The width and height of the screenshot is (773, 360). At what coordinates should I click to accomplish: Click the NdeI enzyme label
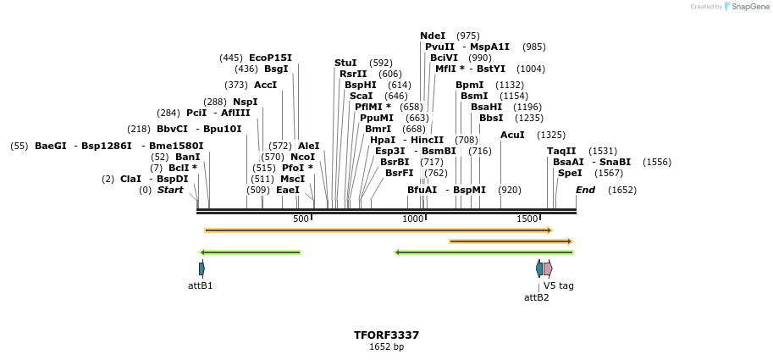click(x=433, y=36)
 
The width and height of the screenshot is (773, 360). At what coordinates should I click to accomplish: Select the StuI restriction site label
click(x=345, y=63)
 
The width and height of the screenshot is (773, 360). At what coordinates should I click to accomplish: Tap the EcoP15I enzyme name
click(x=270, y=58)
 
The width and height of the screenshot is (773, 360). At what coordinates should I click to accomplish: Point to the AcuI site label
click(x=512, y=135)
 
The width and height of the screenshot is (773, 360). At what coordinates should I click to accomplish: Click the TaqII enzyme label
click(x=561, y=151)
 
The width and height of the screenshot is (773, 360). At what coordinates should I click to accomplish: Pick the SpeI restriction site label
click(x=570, y=173)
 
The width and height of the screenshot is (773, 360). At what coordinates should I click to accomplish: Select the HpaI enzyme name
click(x=383, y=140)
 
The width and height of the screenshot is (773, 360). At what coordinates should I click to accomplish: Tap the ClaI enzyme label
click(x=130, y=179)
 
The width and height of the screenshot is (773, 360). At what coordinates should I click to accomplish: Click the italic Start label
click(x=169, y=190)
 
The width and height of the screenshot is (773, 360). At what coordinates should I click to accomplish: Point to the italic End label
click(x=585, y=190)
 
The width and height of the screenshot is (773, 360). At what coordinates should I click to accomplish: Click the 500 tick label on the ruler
click(x=301, y=219)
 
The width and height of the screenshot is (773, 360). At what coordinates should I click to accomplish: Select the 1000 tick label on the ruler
click(x=413, y=219)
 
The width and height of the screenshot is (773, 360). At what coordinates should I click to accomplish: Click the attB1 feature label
click(x=201, y=285)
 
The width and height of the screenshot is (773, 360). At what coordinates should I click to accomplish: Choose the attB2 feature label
click(x=536, y=297)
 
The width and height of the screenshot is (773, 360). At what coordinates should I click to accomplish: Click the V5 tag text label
click(x=559, y=285)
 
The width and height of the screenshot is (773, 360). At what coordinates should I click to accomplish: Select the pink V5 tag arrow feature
click(x=548, y=269)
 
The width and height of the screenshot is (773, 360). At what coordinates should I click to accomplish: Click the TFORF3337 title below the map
click(x=386, y=335)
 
